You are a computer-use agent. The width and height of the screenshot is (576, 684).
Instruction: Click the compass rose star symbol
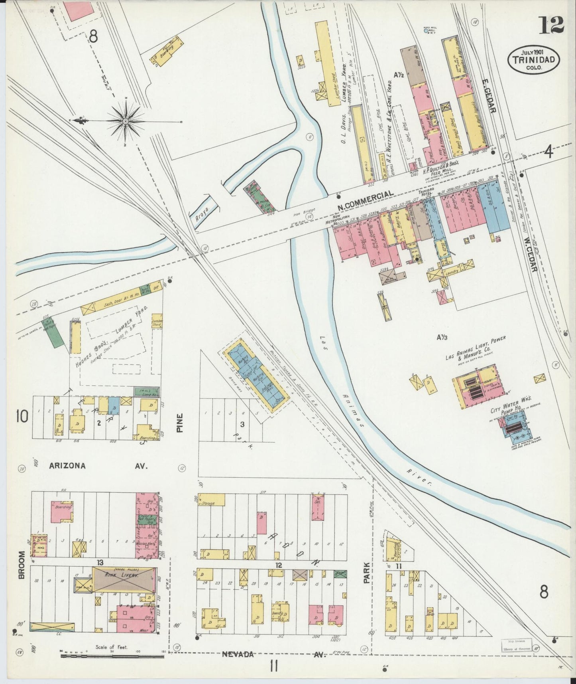125,121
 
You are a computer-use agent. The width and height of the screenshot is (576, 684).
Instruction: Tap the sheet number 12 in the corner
552,26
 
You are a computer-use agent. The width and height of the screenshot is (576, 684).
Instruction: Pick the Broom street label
22,565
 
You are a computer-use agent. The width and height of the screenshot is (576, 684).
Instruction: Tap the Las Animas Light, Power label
475,348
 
